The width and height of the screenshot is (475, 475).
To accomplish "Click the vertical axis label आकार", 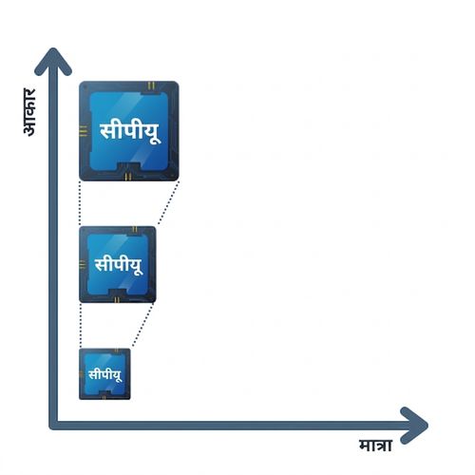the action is [x=29, y=112].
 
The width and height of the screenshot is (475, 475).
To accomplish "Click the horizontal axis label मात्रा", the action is [x=376, y=446].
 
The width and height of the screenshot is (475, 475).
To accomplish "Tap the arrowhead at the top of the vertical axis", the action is [x=53, y=62].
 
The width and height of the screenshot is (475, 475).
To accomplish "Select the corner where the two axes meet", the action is [x=53, y=426].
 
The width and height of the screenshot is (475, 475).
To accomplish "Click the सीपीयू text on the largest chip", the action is [x=130, y=131].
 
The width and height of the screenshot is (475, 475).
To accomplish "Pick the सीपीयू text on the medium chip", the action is [x=119, y=265].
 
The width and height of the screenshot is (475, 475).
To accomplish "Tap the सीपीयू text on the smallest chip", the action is [x=104, y=375].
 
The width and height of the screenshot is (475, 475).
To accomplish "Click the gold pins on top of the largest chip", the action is [x=151, y=85].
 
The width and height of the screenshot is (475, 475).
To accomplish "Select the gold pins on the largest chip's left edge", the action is [x=83, y=131].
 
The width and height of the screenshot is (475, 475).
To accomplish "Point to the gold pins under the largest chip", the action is [x=128, y=177].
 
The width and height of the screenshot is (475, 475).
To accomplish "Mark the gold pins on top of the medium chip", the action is [x=135, y=229].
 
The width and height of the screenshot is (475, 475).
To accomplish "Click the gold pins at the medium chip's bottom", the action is [x=117, y=299].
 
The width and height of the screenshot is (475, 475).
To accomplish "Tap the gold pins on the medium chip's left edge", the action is [x=83, y=264].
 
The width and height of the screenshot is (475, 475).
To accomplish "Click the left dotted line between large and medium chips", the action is [x=80, y=203].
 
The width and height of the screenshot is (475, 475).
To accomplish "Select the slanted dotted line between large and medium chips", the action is [x=168, y=203].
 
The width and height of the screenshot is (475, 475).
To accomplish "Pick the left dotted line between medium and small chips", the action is [x=81, y=326].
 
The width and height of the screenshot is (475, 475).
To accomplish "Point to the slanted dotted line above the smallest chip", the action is [x=142, y=325].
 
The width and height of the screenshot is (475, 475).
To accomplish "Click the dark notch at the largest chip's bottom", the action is [x=128, y=167].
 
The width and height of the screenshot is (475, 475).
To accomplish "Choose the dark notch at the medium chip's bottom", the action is [x=118, y=293].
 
